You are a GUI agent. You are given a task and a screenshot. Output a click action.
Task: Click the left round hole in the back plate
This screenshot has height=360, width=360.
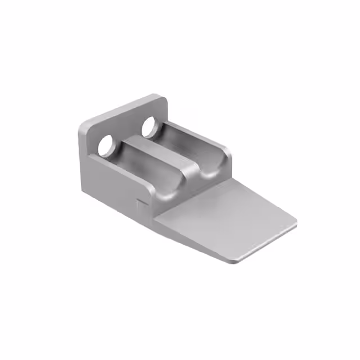tap(105, 146)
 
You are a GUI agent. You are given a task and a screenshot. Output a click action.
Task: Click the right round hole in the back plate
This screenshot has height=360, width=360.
tap(150, 127)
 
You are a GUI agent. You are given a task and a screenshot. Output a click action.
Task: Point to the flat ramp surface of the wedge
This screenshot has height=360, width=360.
tap(225, 214)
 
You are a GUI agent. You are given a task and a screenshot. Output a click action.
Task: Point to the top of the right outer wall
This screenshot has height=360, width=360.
tap(202, 138)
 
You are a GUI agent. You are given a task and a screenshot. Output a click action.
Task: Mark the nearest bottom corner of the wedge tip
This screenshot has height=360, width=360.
tap(232, 261)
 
